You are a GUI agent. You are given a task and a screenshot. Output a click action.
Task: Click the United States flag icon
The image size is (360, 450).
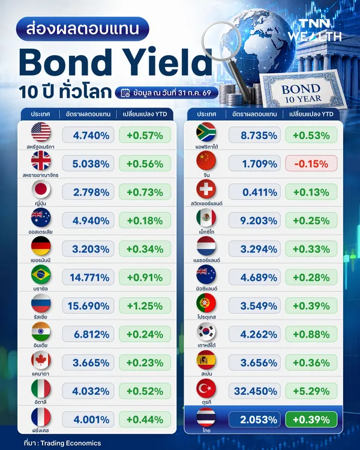tap(41, 132)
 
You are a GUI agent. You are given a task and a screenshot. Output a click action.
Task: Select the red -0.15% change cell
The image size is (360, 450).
tap(311, 164)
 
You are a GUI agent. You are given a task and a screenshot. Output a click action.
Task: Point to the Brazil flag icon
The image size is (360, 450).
tap(41, 274)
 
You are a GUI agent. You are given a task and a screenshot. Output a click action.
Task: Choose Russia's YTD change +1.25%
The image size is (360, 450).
tap(145, 305)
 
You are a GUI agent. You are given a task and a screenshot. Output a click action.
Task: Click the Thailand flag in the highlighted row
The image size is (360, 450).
tap(206, 417)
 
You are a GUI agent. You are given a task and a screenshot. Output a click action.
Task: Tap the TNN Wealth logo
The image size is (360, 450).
tap(315, 30)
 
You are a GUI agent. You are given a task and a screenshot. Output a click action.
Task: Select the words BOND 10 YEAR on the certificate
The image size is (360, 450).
tap(302, 94)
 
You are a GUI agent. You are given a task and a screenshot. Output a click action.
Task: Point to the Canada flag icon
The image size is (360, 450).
tap(41, 360)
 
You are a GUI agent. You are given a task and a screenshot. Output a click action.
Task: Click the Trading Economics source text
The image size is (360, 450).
tap(71, 443)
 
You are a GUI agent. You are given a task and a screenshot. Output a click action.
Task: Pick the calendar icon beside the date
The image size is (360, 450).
tap(125, 93)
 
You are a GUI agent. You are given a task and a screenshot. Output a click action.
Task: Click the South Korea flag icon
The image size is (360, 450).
tap(206, 331)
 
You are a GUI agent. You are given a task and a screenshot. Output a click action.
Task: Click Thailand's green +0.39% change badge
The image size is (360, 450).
tap(311, 419)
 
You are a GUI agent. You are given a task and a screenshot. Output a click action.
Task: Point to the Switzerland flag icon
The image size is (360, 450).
tap(206, 189)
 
